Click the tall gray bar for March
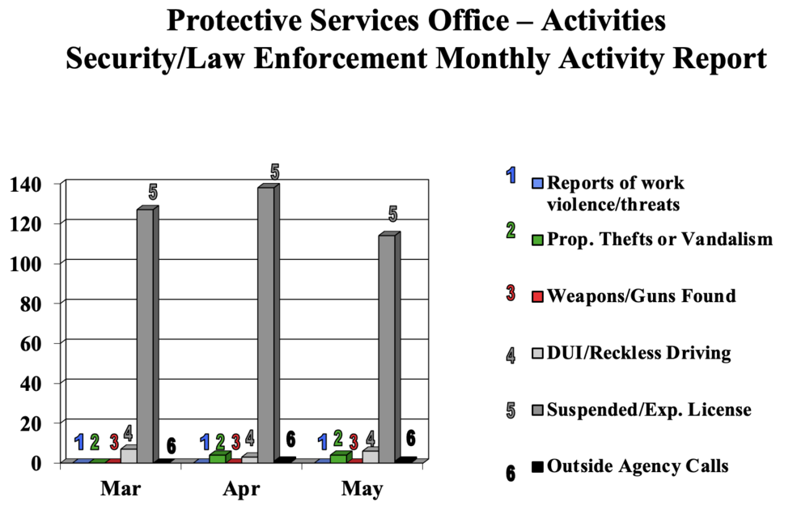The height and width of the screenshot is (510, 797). pyautogui.click(x=145, y=336)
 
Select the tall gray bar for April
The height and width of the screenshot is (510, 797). pyautogui.click(x=266, y=324)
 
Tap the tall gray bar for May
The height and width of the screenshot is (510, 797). pyautogui.click(x=387, y=348)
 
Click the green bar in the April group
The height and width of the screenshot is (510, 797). pyautogui.click(x=218, y=458)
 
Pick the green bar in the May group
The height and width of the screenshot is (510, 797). pyautogui.click(x=338, y=458)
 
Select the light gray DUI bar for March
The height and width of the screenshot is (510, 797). pyautogui.click(x=128, y=455)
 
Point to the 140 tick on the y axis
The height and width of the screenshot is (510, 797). pyautogui.click(x=27, y=184)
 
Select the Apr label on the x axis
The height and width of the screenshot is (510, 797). pyautogui.click(x=241, y=489)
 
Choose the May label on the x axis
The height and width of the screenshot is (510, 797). pyautogui.click(x=362, y=489)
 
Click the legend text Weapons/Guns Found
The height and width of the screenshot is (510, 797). pyautogui.click(x=642, y=295)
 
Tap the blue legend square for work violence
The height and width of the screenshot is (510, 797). pyautogui.click(x=536, y=183)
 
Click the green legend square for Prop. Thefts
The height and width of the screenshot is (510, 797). pyautogui.click(x=536, y=240)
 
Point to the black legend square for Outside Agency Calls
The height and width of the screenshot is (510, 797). pyautogui.click(x=536, y=466)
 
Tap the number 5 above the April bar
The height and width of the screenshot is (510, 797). pyautogui.click(x=274, y=172)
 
